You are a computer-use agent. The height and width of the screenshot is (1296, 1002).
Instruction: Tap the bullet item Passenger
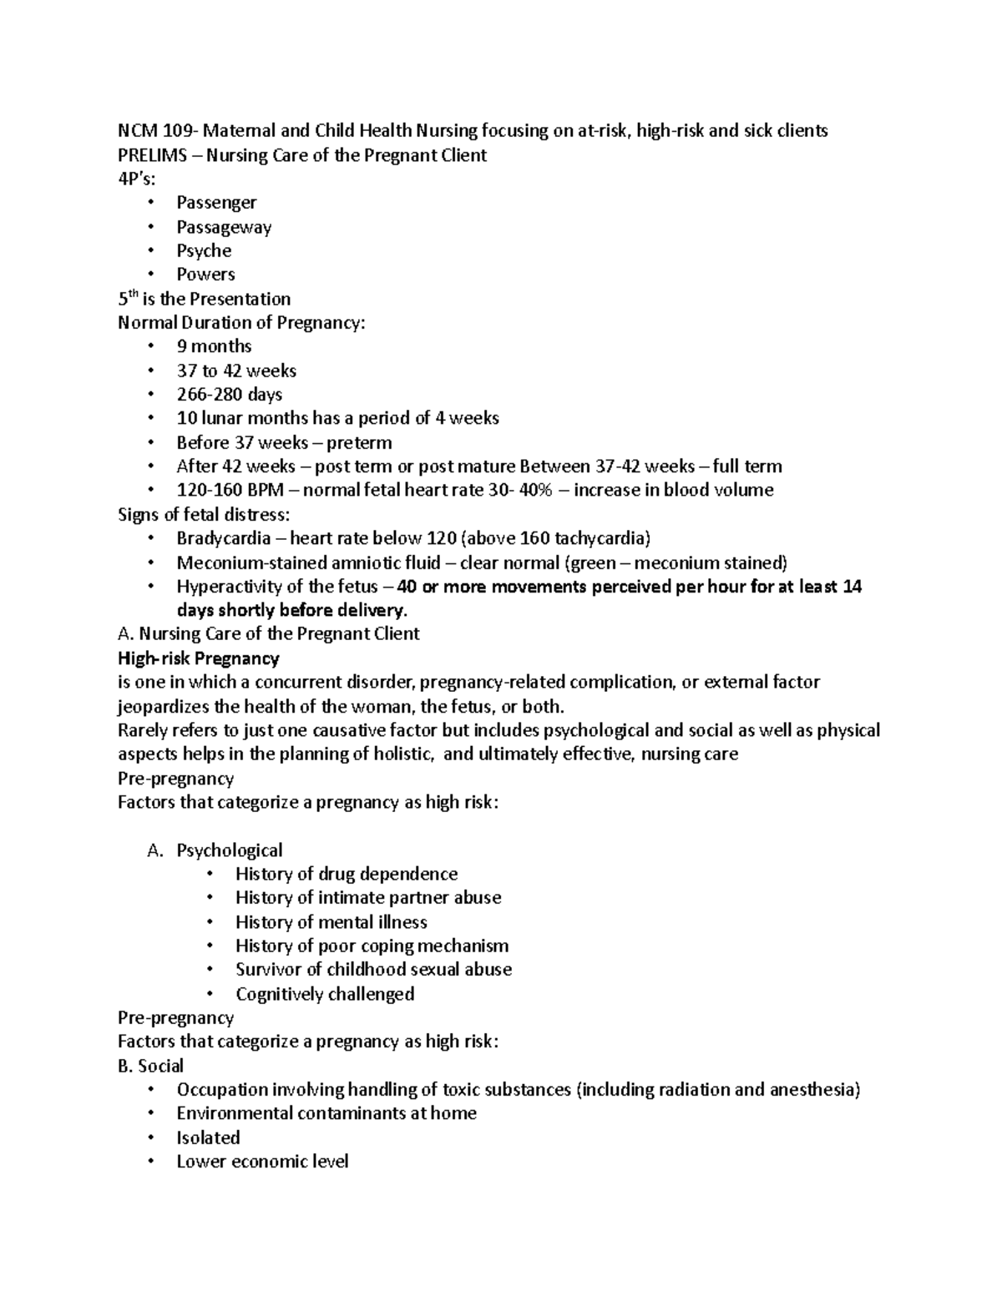point(216,203)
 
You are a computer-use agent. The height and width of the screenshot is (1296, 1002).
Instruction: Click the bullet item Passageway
point(224,227)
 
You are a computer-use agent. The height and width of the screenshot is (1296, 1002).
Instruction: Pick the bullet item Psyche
point(204,250)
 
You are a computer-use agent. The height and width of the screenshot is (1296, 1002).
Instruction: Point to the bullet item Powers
point(205,275)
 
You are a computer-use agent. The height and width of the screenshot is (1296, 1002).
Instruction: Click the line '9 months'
point(214,346)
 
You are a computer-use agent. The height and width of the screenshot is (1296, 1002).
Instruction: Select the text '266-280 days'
point(229,394)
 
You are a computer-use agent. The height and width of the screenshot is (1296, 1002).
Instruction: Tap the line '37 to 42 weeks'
point(236,371)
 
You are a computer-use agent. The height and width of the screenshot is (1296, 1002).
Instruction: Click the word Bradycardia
point(223,538)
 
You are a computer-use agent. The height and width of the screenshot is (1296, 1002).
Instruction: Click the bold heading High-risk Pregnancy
point(199,658)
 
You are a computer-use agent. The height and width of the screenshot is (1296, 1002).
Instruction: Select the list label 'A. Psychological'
point(215,850)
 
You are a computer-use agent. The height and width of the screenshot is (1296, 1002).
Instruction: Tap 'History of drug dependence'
point(347,874)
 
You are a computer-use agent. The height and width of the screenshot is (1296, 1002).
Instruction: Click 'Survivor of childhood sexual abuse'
point(373,970)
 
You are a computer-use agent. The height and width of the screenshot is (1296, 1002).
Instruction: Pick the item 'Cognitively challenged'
point(325,994)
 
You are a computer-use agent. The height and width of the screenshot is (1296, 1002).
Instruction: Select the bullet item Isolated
point(208,1137)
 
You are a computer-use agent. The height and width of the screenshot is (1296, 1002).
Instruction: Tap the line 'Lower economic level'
point(262,1162)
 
